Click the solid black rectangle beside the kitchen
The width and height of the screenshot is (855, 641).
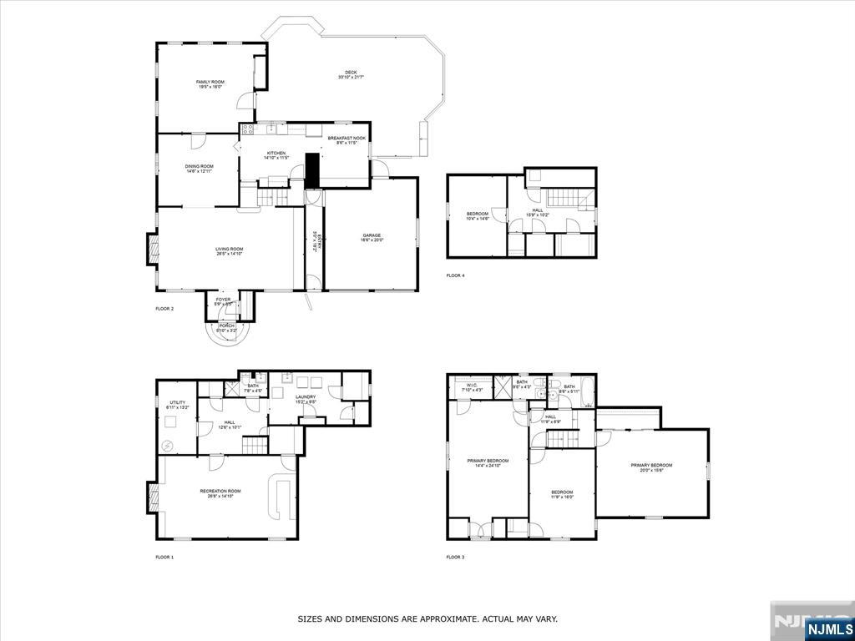pos(313,170)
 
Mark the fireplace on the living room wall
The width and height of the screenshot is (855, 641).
pos(153,249)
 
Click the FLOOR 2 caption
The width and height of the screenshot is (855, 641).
pos(164,309)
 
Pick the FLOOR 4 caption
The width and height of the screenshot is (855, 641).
pos(455,275)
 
